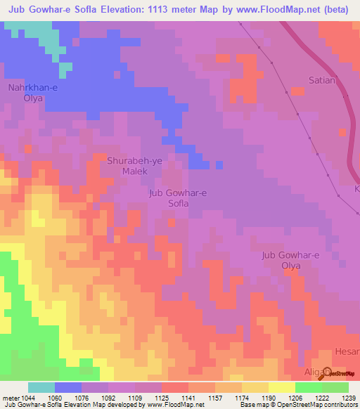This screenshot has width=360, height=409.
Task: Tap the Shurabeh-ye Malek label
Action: pyautogui.click(x=134, y=165)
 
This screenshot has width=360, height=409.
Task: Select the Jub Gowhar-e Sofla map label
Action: pyautogui.click(x=179, y=197)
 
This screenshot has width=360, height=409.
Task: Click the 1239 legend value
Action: pyautogui.click(x=349, y=397)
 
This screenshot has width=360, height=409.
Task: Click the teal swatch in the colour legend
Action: pyautogui.click(x=41, y=387)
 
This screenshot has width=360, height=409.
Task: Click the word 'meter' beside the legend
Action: pyautogui.click(x=11, y=397)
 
